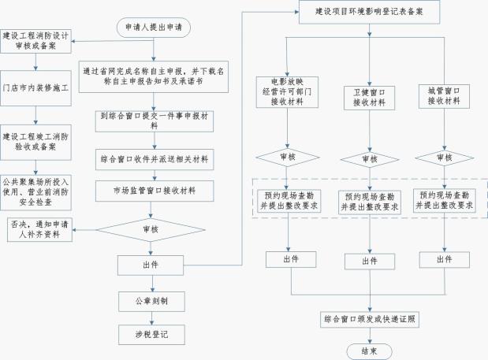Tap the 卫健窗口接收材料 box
tap(368, 98)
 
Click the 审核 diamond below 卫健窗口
tap(368, 158)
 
